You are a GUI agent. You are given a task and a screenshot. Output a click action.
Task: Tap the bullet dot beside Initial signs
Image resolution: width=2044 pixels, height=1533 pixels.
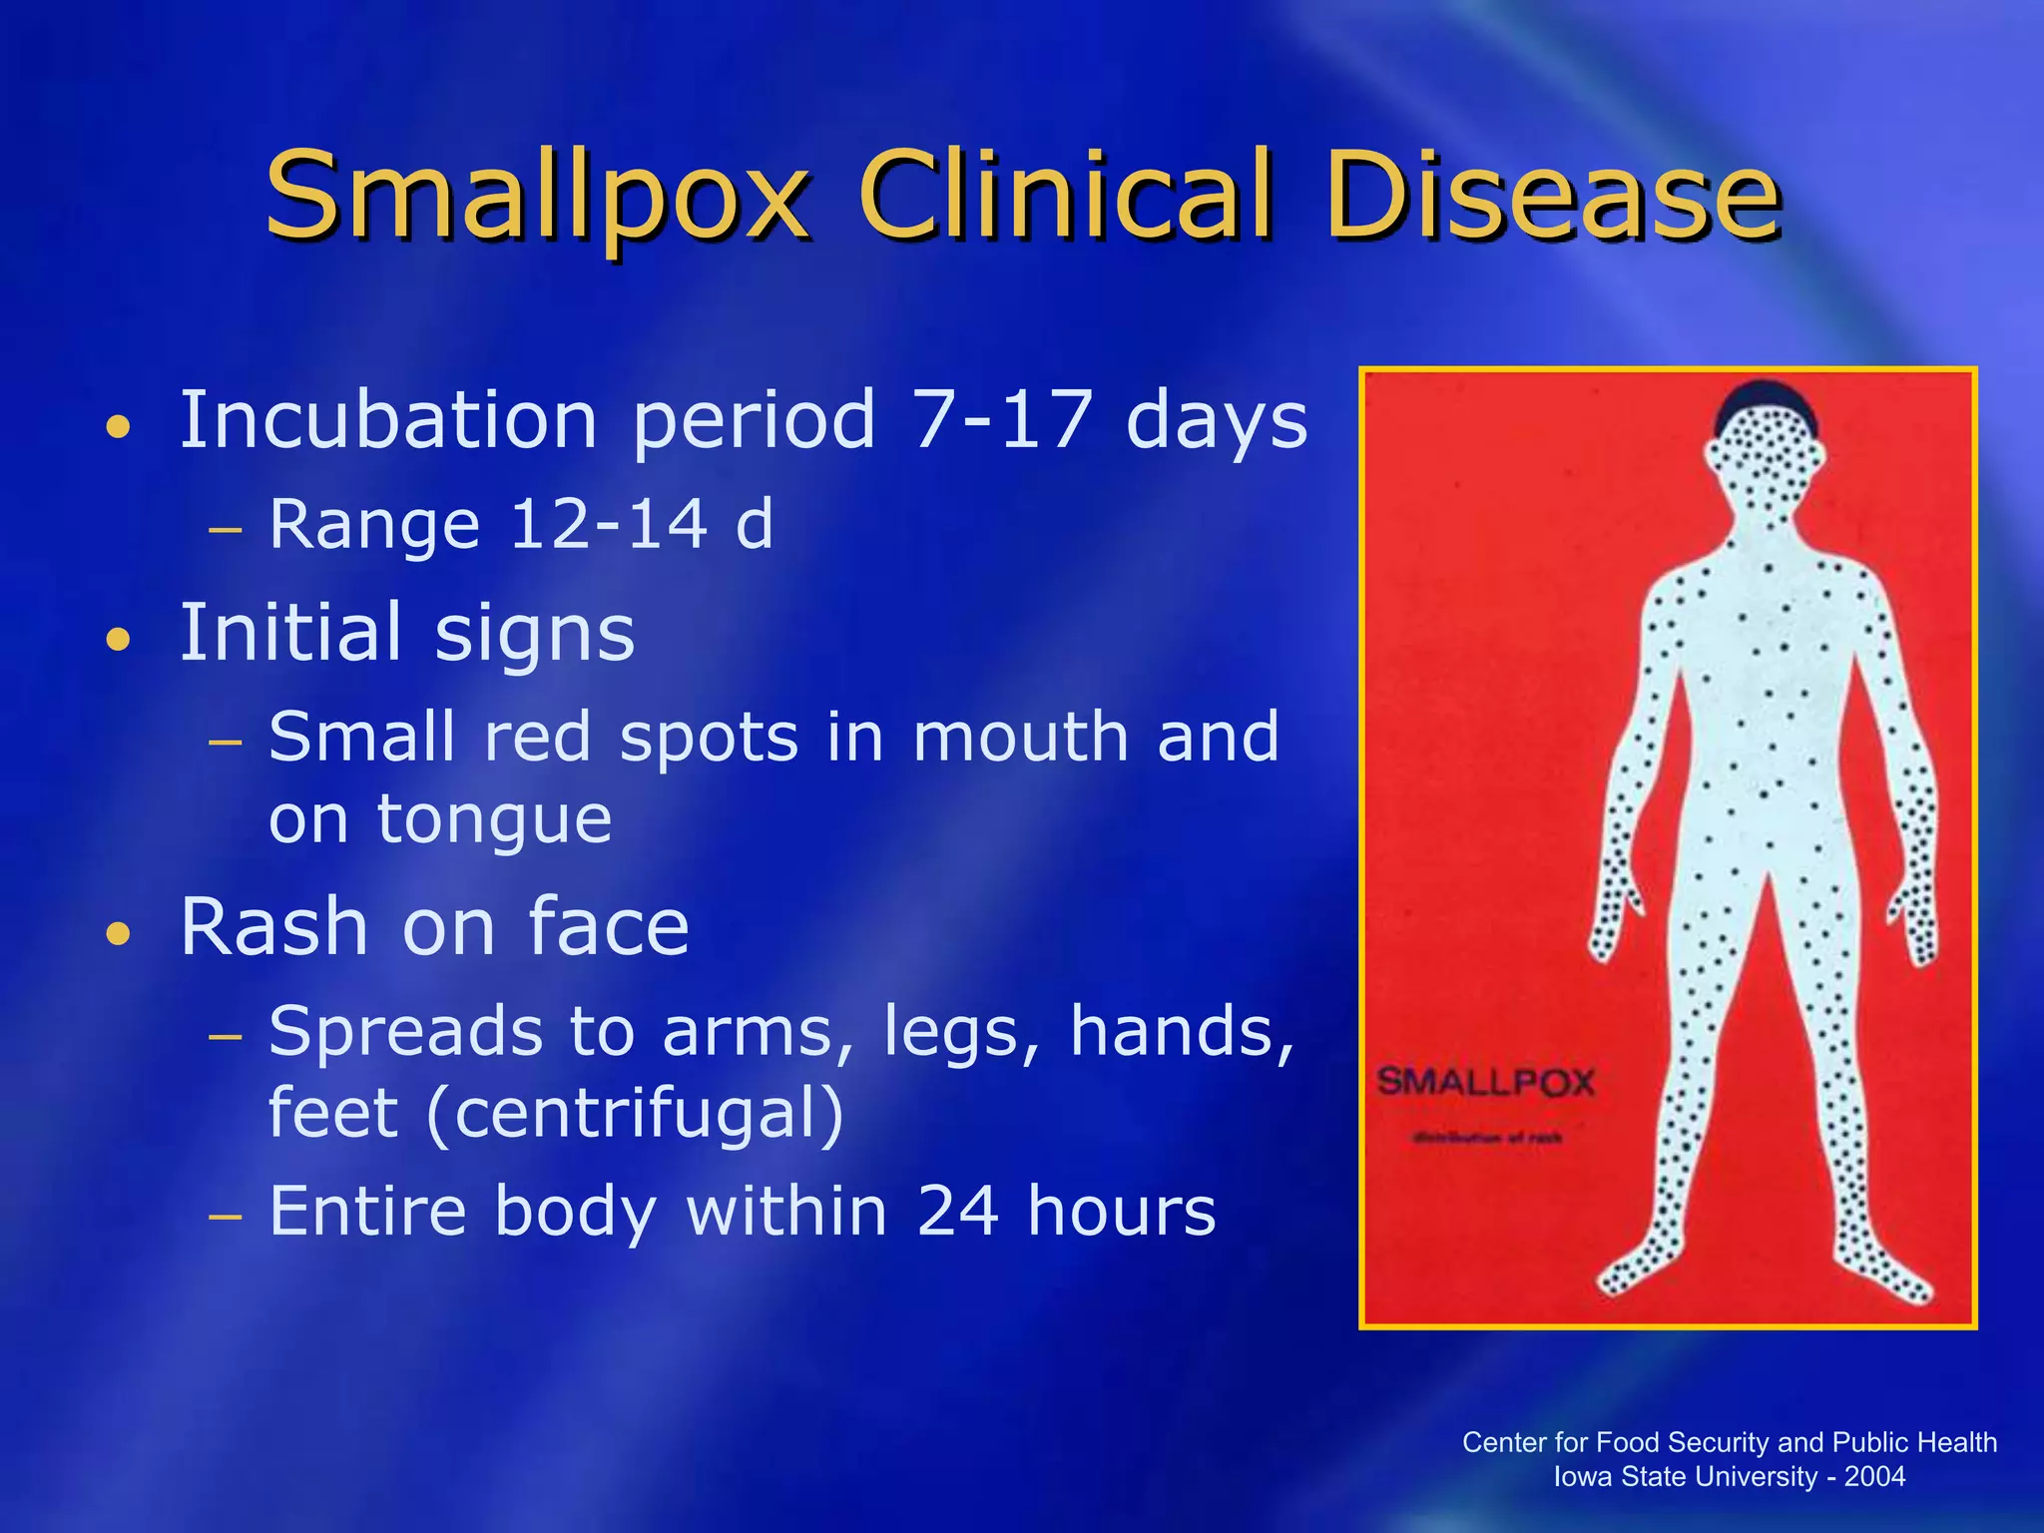(x=119, y=639)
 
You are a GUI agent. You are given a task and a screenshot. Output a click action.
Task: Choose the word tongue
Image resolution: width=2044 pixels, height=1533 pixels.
(x=494, y=820)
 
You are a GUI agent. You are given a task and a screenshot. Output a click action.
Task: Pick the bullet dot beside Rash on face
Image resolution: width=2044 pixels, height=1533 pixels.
(x=119, y=934)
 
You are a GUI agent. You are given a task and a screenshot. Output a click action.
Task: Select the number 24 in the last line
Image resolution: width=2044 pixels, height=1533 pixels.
(x=958, y=1211)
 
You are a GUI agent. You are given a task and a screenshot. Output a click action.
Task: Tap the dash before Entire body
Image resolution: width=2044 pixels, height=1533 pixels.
(x=227, y=1218)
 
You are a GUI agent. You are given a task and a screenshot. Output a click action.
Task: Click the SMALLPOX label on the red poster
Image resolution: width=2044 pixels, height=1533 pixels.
(x=1486, y=1082)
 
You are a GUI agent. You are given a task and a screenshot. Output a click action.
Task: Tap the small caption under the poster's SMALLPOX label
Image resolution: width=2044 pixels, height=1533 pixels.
(x=1486, y=1137)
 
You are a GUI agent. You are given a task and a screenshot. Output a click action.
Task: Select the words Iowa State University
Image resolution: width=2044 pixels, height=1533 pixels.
(x=1686, y=1476)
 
